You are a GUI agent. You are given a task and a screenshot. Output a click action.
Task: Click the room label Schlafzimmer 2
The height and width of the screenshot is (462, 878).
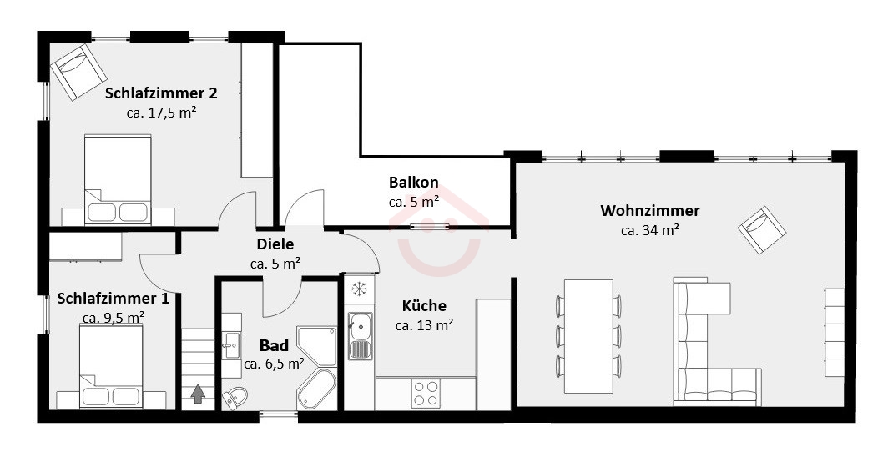161,93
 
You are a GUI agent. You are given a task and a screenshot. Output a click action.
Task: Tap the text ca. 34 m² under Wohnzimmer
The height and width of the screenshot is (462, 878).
650,230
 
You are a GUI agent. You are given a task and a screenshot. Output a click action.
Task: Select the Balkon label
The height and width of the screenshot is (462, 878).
414,183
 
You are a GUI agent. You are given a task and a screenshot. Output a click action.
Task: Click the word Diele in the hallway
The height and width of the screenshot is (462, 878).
275,244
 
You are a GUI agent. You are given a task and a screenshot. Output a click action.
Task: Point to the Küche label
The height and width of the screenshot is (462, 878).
425,306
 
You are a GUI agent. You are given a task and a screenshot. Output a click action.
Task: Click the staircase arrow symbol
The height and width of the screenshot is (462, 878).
199,394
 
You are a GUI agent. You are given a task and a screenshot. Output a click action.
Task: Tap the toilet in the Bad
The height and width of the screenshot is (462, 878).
235,397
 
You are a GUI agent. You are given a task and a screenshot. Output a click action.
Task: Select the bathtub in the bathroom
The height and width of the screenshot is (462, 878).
316,389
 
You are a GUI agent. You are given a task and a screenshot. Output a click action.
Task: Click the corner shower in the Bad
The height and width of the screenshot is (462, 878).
317,346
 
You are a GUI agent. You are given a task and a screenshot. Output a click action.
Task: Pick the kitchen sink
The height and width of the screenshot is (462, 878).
360,334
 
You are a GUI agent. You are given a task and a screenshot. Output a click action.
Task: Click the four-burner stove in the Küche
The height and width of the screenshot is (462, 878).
426,393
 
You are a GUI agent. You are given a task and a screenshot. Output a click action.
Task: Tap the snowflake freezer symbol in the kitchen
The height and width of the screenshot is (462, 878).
358,289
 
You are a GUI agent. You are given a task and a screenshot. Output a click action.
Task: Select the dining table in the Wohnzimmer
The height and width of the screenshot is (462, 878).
588,335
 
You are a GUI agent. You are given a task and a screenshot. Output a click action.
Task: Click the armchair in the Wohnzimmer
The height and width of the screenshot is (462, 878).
762,230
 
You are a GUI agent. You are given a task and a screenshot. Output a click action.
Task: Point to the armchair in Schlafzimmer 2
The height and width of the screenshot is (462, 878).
79,73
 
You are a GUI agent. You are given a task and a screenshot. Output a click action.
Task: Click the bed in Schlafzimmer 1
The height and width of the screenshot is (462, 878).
110,366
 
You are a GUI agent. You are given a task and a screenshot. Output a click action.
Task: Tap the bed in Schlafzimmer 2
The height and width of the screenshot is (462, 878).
118,179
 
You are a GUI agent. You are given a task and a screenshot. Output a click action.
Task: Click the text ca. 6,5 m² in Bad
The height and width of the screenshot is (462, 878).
275,364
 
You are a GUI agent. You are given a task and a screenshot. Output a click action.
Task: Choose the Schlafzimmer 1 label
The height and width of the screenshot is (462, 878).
113,299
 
